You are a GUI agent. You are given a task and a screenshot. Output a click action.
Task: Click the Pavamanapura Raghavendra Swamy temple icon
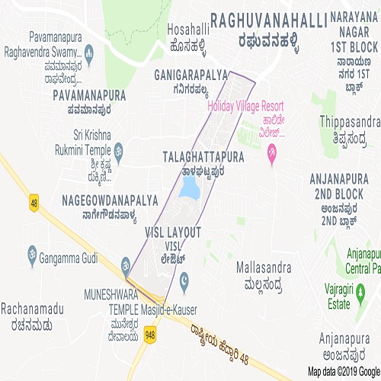(x=89, y=52)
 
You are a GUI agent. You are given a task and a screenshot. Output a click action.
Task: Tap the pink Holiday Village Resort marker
(x=272, y=156)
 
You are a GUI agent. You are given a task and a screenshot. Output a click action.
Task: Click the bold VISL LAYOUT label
(x=173, y=231)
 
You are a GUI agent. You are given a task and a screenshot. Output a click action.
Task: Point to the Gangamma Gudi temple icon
(x=31, y=251)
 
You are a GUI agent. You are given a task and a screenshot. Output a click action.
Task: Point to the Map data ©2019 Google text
(x=340, y=373)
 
